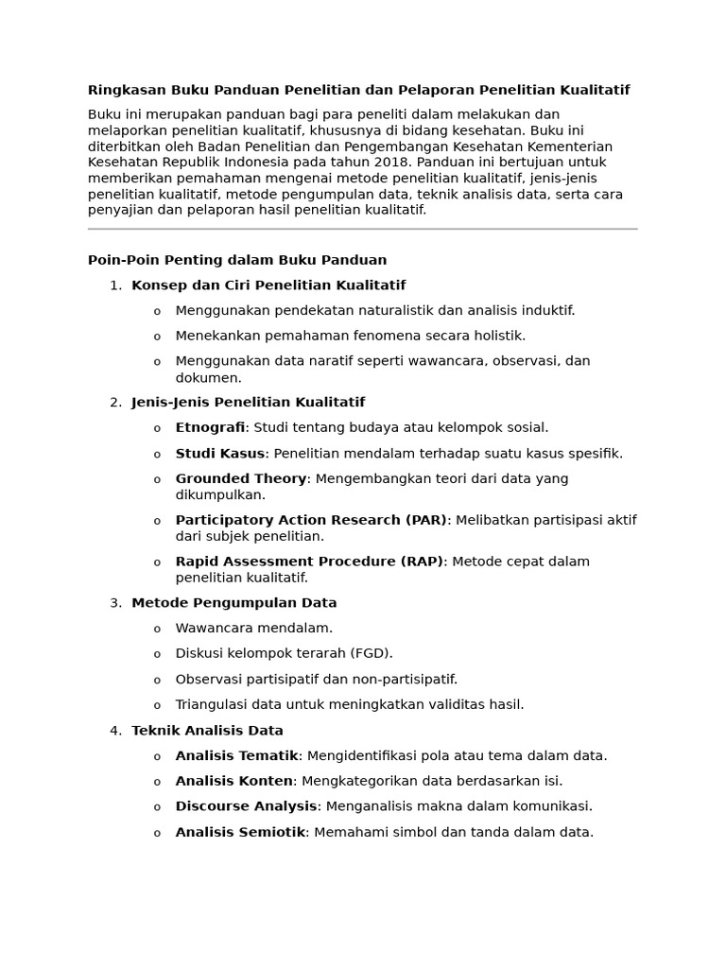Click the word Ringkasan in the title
(127, 90)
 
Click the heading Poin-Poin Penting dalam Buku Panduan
(237, 260)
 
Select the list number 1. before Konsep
(115, 285)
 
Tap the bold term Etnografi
(210, 427)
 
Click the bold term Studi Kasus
(219, 453)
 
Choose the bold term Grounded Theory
(241, 478)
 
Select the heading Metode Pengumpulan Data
(234, 603)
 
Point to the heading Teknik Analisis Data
(207, 731)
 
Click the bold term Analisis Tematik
(236, 756)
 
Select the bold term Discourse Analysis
(246, 806)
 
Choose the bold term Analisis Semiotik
(240, 833)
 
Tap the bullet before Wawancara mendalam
(157, 630)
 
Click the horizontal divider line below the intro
(363, 229)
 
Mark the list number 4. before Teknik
(115, 731)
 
